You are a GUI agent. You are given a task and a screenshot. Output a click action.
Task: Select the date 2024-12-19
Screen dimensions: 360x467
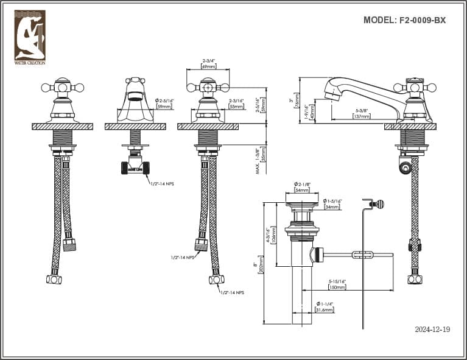coord(432,330)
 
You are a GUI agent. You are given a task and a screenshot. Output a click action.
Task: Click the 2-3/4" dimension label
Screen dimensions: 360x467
coord(208,61)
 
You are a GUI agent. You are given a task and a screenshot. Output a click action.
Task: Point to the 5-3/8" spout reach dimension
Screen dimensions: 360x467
coord(362,110)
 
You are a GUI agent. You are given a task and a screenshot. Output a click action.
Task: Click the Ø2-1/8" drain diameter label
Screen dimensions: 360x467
coord(302,183)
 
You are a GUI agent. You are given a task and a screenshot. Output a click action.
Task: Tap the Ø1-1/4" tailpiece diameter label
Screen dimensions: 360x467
coord(324,303)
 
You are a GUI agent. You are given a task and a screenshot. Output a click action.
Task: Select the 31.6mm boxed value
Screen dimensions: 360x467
coord(325,310)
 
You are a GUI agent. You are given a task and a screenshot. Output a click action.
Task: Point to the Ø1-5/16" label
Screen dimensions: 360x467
coord(332,201)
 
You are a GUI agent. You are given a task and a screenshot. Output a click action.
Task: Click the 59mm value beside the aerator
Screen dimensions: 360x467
coord(164,107)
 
